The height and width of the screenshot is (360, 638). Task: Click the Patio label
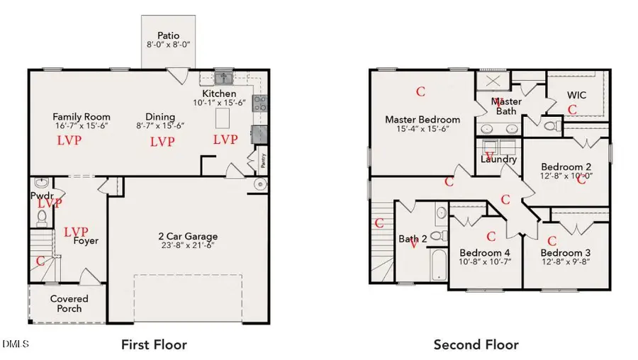click(169, 35)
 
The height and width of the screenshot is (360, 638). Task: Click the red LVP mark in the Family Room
click(69, 140)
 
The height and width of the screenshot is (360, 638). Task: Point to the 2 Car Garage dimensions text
click(187, 246)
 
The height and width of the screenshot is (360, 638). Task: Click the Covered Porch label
click(69, 303)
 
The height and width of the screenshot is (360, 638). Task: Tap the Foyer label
click(85, 241)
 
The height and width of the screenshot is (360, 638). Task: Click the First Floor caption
click(154, 345)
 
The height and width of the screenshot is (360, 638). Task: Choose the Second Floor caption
click(476, 345)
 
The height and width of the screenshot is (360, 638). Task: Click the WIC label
click(577, 95)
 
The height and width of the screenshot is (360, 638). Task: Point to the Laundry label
click(498, 159)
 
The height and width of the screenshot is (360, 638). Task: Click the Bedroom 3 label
click(566, 253)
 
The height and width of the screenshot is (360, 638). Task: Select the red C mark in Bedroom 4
click(491, 236)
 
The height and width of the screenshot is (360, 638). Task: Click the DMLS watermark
click(16, 344)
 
